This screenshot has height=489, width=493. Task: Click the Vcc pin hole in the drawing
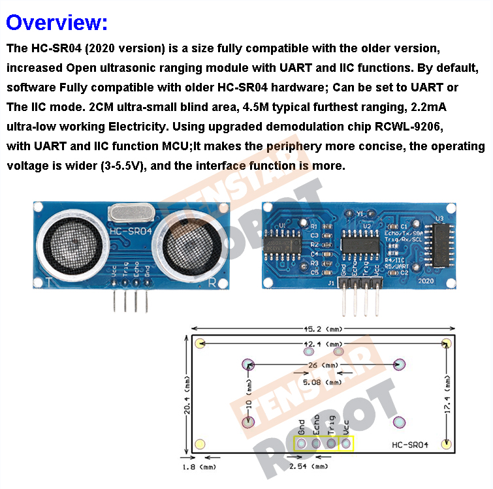click(x=346, y=445)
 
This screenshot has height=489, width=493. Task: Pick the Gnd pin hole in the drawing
click(x=302, y=445)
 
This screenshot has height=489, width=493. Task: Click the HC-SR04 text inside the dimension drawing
click(x=410, y=445)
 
